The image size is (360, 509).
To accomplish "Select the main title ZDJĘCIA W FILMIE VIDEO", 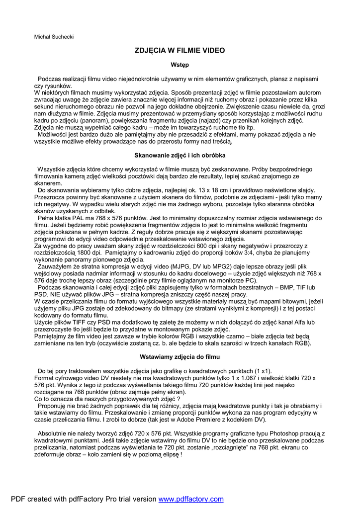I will point(180,51).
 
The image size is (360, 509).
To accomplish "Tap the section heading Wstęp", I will point(180,65).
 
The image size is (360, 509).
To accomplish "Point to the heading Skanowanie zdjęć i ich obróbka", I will point(180,155).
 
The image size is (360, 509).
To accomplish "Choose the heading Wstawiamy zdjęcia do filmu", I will point(180,356).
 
